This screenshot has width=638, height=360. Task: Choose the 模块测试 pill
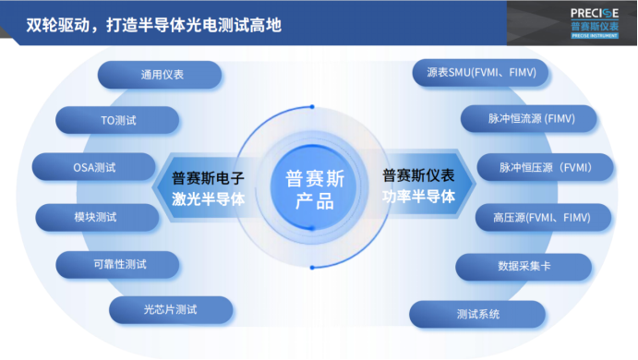coord(94,218)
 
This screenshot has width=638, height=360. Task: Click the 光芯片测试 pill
coord(170,309)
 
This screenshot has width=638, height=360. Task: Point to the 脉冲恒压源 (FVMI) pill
coord(544,168)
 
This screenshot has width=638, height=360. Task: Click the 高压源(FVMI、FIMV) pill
coord(544,218)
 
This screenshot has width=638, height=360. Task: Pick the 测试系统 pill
coord(477,314)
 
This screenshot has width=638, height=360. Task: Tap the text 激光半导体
coord(209,198)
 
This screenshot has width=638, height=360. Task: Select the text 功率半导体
coord(418,197)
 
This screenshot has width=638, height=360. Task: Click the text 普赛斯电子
coord(209,176)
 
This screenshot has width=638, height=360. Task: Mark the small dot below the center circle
coord(312,267)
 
